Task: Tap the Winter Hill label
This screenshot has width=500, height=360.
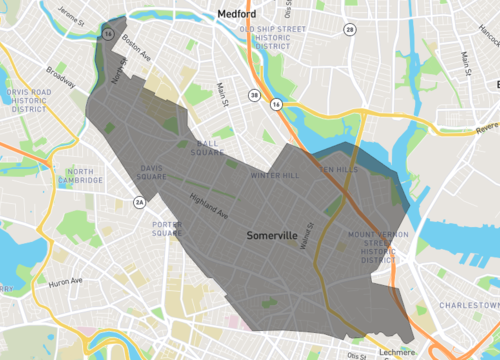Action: [x=275, y=176]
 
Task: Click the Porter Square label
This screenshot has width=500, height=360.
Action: [x=166, y=229]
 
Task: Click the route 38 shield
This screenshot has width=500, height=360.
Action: [x=255, y=97]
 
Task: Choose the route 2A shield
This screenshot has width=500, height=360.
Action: [x=141, y=203]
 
